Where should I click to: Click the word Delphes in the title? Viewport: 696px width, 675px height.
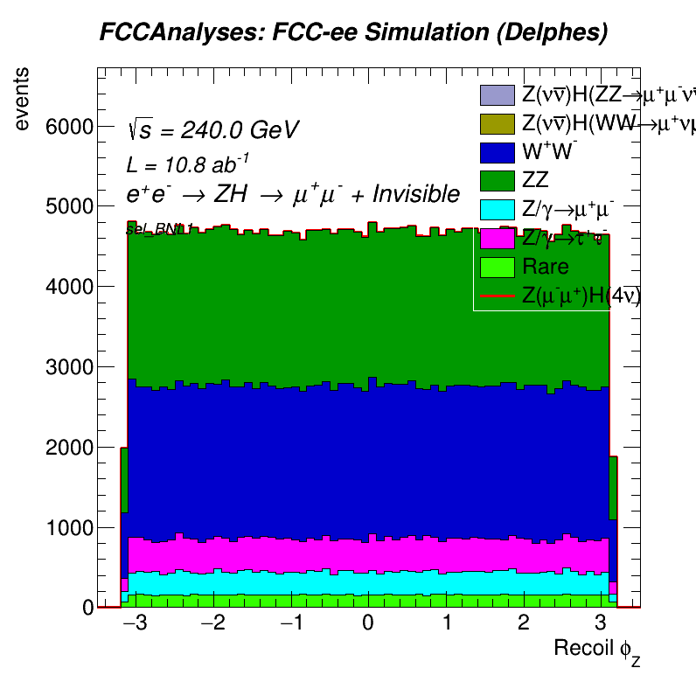(560, 33)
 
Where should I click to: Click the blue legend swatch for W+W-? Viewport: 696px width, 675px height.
(496, 152)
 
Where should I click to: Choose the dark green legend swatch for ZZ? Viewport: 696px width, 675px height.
(496, 181)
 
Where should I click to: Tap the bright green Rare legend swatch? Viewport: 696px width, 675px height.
(496, 267)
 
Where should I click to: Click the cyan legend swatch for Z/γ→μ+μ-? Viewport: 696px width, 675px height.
(496, 210)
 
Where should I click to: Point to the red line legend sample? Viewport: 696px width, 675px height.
(496, 296)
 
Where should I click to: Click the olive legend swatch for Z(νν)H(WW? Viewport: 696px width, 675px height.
(496, 123)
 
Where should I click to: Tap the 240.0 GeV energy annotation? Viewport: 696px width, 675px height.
(240, 130)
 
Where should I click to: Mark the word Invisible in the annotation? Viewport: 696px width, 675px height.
(416, 194)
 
